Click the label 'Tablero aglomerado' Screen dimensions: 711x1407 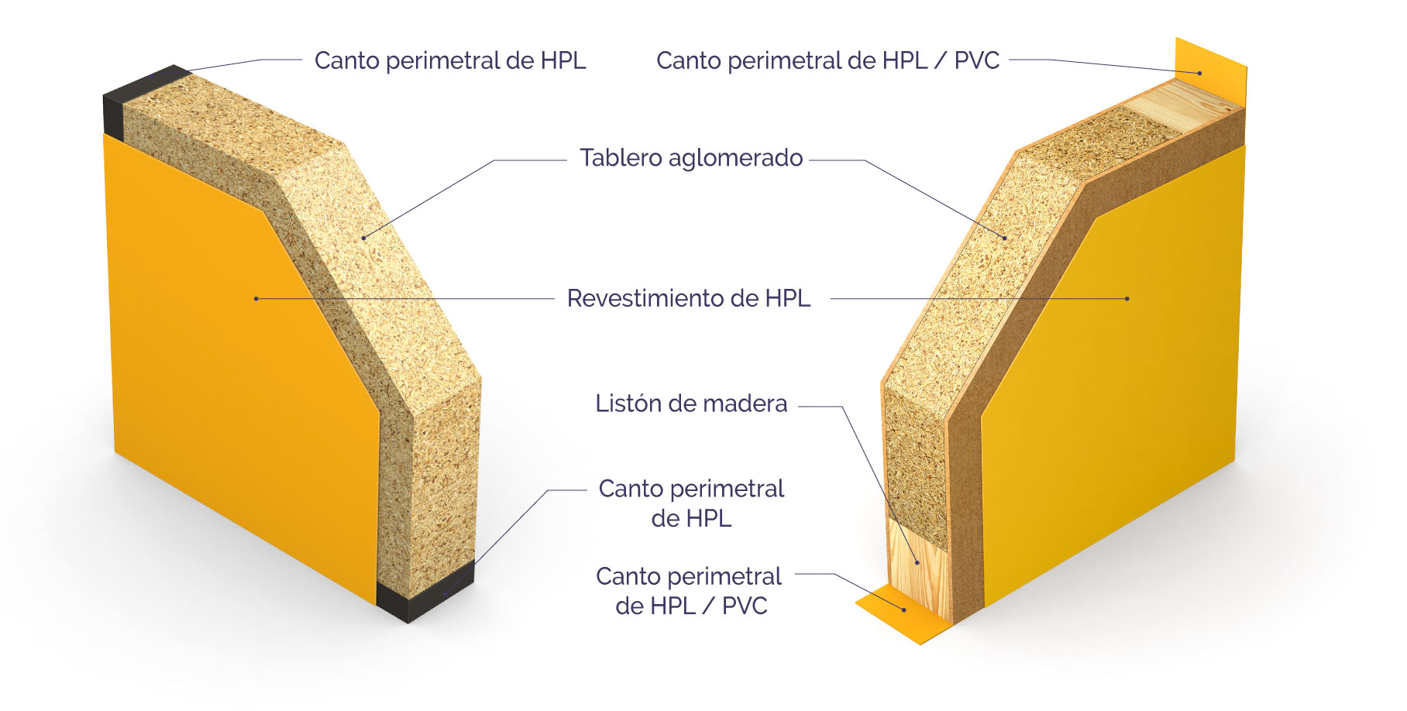pos(691,158)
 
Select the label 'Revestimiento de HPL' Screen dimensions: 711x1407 pos(688,298)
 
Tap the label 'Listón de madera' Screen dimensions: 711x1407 pos(691,404)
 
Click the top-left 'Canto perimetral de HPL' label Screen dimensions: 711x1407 pos(449,60)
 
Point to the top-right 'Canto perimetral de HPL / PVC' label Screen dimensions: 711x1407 pos(827,60)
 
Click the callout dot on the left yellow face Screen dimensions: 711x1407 pos(256,298)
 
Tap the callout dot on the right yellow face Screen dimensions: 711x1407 pos(1127,298)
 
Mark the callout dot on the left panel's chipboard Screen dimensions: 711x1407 pos(363,238)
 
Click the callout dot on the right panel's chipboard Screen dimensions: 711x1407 pos(1005,238)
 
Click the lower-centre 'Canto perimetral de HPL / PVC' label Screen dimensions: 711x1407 pos(690,591)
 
